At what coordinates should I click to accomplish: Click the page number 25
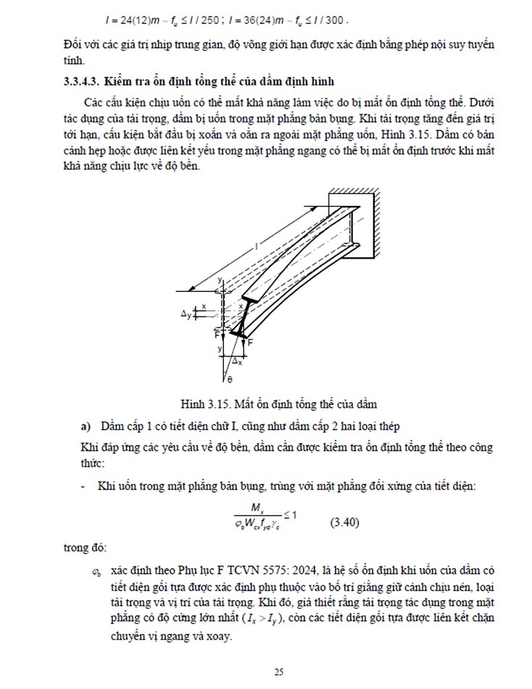coord(278,672)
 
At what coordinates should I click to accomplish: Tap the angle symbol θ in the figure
coord(229,379)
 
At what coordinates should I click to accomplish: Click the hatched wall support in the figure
coord(362,221)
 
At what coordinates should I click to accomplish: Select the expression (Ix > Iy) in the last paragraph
coord(263,618)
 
